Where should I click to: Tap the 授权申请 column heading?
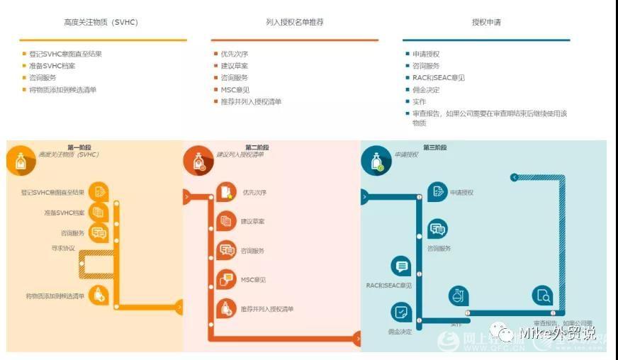pos(486,22)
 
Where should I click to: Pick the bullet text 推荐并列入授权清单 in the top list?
pos(251,101)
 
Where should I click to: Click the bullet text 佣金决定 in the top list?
pos(426,90)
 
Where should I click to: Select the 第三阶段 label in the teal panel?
pos(435,147)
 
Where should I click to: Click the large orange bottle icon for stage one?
pos(20,159)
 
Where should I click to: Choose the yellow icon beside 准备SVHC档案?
pos(99,212)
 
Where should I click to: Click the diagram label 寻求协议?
pos(63,248)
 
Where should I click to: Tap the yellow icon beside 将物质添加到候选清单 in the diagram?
pos(99,295)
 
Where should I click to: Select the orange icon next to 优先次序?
pos(226,192)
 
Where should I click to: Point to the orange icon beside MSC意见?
pos(226,279)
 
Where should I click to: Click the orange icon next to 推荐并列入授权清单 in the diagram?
pos(226,308)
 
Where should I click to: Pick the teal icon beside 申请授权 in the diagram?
pos(438,191)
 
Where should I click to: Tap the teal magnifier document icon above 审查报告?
pos(543,296)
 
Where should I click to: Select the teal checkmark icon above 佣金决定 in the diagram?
pos(401,312)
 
